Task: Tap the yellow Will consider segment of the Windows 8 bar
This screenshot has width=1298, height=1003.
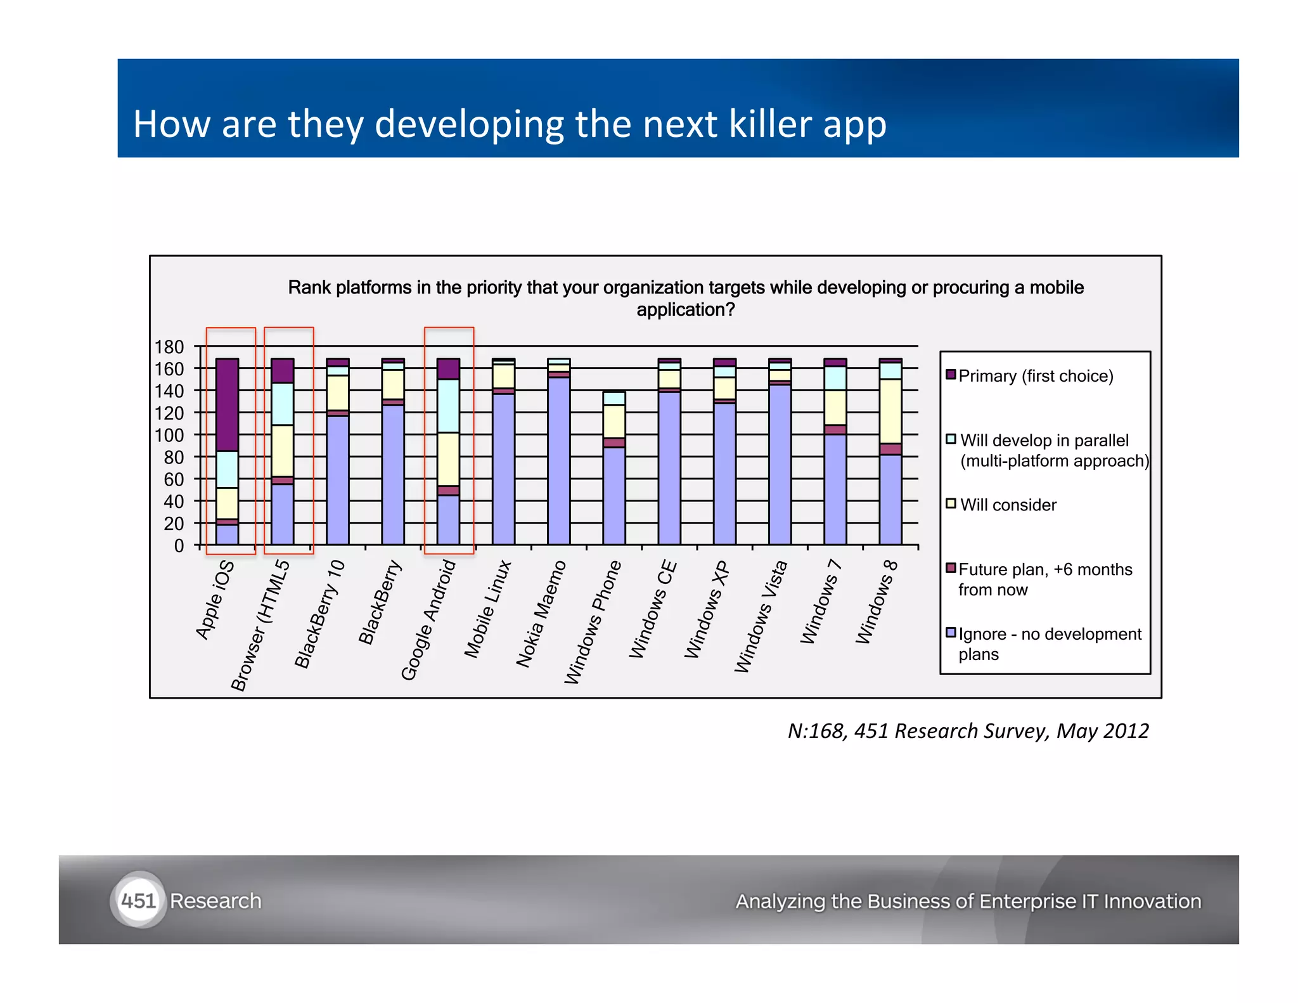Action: (x=890, y=411)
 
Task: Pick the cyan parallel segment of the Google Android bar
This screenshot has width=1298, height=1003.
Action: (x=448, y=406)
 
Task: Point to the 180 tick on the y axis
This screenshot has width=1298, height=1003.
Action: (x=169, y=347)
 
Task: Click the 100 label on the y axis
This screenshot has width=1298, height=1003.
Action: (x=169, y=436)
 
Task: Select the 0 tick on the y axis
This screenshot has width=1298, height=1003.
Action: (x=179, y=546)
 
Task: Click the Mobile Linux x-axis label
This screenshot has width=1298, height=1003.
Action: (x=487, y=609)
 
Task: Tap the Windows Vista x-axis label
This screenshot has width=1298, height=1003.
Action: (x=761, y=616)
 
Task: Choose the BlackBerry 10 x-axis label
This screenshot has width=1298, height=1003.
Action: (x=319, y=614)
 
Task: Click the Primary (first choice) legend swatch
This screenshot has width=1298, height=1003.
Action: (x=950, y=375)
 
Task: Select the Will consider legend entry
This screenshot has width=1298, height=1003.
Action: (x=1008, y=505)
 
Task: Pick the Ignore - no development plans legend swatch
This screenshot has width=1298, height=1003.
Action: (x=950, y=633)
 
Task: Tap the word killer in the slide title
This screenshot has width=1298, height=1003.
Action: (x=770, y=124)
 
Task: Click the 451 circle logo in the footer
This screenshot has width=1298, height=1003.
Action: (x=138, y=900)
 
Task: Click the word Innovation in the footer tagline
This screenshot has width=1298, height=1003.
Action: (x=1152, y=901)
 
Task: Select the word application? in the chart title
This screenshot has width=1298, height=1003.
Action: (x=685, y=309)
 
